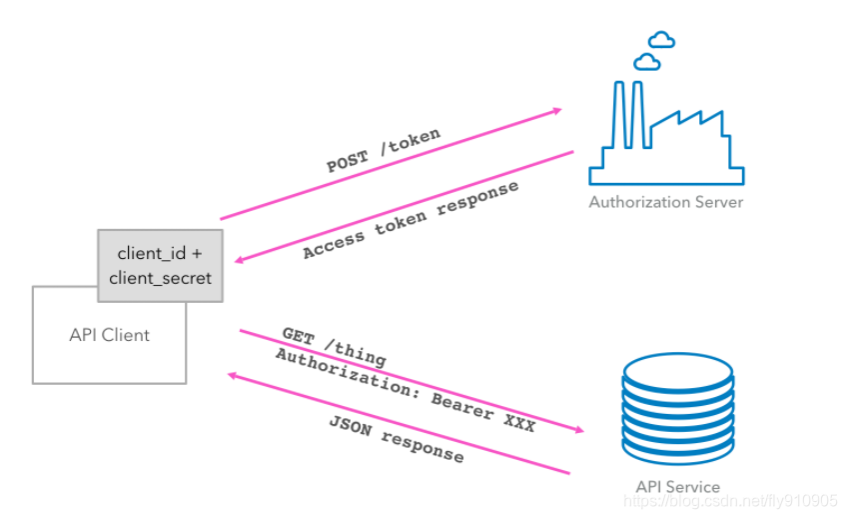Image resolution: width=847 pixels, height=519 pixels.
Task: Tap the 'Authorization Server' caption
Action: (665, 202)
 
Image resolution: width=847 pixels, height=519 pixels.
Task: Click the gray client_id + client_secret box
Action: (160, 265)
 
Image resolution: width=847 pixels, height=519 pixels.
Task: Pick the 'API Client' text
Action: (109, 335)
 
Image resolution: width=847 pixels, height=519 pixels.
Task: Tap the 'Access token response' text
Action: (411, 221)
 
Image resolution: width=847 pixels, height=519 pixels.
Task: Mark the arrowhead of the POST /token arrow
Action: (556, 111)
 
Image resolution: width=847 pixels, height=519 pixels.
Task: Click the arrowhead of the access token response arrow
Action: (239, 261)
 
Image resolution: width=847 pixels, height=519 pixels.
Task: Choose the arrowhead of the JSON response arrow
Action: (233, 375)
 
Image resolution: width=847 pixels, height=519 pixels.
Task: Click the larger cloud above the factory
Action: (647, 62)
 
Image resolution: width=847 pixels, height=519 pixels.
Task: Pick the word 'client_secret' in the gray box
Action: (160, 277)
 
